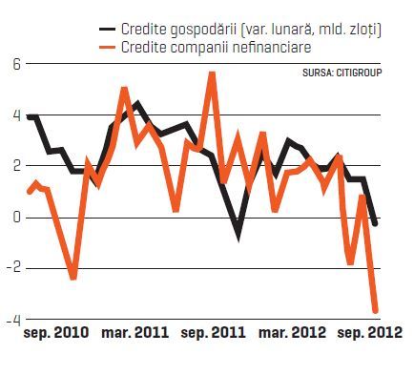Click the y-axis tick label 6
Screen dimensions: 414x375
pos(16,65)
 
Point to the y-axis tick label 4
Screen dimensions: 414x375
pos(16,116)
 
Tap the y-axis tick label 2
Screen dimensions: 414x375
pos(16,167)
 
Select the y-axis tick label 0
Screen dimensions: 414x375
pos(16,219)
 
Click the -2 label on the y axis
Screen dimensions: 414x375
pos(13,269)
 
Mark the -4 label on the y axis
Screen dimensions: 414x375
pos(13,321)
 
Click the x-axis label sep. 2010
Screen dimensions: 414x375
pos(56,333)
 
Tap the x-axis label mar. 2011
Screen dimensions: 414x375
pos(135,333)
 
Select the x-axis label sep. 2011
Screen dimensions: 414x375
pos(213,333)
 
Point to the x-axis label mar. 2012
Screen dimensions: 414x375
pos(292,333)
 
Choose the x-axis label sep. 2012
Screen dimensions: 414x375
pos(370,333)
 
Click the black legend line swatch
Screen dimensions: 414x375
pos(107,30)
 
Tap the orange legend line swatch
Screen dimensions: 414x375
pos(107,48)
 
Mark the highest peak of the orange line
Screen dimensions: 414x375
pos(213,73)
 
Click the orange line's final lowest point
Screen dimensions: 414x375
pos(376,310)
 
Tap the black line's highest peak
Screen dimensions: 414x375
pos(137,102)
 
